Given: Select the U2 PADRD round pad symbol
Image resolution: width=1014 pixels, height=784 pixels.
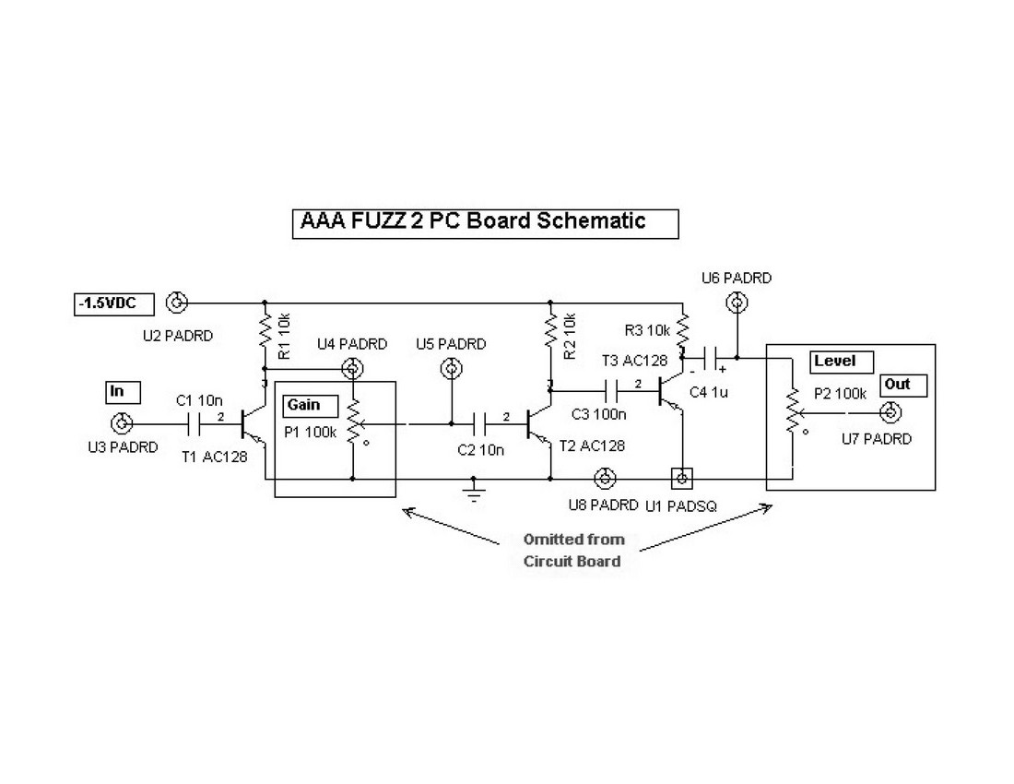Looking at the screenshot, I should coord(176,302).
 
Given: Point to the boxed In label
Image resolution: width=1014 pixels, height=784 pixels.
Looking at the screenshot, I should coord(122,392).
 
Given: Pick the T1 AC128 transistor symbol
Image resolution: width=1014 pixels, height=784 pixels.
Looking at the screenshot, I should coord(249,424).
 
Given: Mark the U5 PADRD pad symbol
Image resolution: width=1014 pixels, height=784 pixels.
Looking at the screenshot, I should coord(451,369).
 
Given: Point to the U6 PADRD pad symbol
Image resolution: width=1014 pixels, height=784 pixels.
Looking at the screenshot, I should coord(736,302).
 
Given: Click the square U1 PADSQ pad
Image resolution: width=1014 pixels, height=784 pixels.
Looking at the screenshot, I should coord(681,479).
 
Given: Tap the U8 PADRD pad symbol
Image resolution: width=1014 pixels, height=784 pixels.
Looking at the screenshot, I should coord(605,479).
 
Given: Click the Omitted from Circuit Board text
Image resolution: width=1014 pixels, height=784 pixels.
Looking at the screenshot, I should coord(572,551).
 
